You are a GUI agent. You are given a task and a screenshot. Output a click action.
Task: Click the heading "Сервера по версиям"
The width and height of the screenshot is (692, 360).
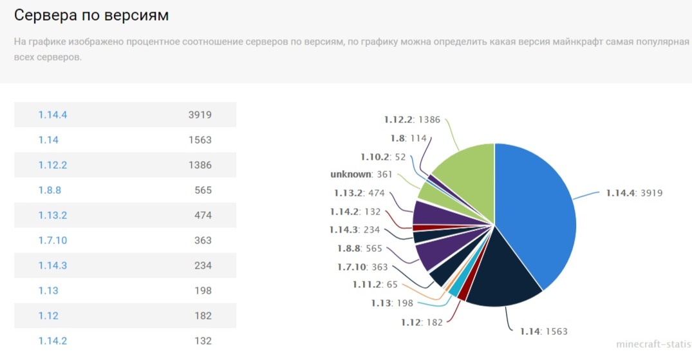[91, 15]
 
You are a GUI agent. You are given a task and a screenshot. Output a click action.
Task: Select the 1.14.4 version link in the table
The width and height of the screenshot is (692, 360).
[53, 115]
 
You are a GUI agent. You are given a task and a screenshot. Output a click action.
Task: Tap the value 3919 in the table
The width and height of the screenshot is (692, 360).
[200, 115]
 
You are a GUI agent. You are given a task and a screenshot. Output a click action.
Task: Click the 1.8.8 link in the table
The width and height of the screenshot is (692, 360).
[50, 191]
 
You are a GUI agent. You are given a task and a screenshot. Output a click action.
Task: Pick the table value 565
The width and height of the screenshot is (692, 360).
[203, 191]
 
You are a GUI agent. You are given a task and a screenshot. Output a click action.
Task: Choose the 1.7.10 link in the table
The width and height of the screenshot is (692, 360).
[53, 240]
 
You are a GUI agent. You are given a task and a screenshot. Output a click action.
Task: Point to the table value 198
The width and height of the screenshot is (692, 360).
[203, 290]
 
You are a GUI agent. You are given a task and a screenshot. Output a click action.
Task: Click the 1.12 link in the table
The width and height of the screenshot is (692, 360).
[48, 316]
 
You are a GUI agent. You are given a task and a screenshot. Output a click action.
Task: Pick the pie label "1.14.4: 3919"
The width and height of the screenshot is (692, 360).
[634, 193]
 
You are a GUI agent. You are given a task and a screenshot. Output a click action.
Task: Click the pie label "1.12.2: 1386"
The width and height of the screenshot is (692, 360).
[412, 120]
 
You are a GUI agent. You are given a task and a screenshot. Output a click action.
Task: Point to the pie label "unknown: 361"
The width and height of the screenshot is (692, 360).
[361, 175]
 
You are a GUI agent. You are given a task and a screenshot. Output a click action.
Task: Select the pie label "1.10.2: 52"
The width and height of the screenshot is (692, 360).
[383, 157]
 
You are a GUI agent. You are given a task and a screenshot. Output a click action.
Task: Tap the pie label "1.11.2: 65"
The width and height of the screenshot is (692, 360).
[375, 285]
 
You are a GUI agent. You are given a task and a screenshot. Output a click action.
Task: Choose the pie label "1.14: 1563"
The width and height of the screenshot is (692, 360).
[544, 331]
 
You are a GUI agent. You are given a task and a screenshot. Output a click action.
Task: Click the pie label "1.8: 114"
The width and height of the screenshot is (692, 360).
[409, 138]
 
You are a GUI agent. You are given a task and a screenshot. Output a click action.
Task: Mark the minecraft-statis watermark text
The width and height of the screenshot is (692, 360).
[654, 344]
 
